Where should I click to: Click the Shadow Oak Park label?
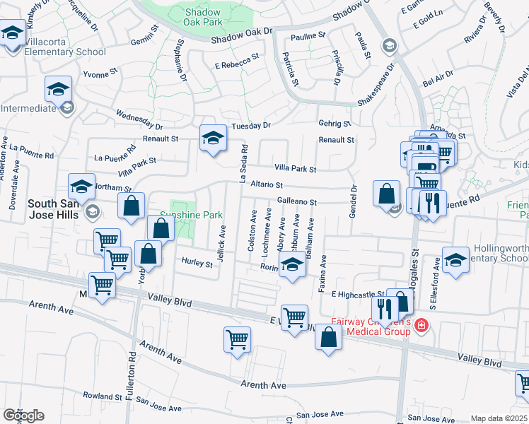(x=204, y=18)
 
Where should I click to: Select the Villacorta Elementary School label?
(x=65, y=52)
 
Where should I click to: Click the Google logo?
(x=23, y=416)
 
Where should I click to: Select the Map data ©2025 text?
(x=498, y=418)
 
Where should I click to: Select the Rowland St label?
(x=103, y=397)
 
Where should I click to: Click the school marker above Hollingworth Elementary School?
(x=455, y=259)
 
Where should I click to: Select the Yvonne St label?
(x=100, y=73)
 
